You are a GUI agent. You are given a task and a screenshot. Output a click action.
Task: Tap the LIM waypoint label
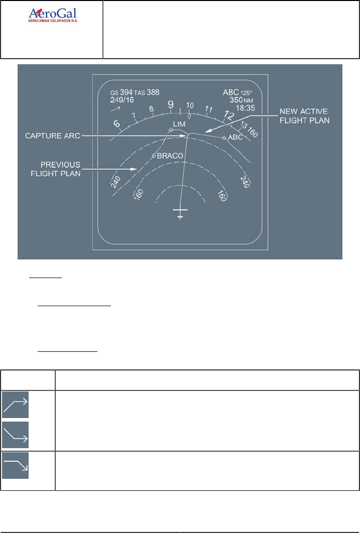(x=179, y=123)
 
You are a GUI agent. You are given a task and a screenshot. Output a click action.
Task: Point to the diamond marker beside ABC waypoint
(x=224, y=138)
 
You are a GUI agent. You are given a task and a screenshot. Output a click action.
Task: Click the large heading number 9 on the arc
(x=171, y=104)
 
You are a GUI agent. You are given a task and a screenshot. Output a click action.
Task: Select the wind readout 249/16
(x=122, y=100)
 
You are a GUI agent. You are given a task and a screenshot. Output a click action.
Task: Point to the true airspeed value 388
(x=153, y=92)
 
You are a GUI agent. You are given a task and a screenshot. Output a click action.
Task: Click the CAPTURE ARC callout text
(x=54, y=136)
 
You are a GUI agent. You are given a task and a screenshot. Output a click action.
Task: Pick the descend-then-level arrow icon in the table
(x=16, y=434)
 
